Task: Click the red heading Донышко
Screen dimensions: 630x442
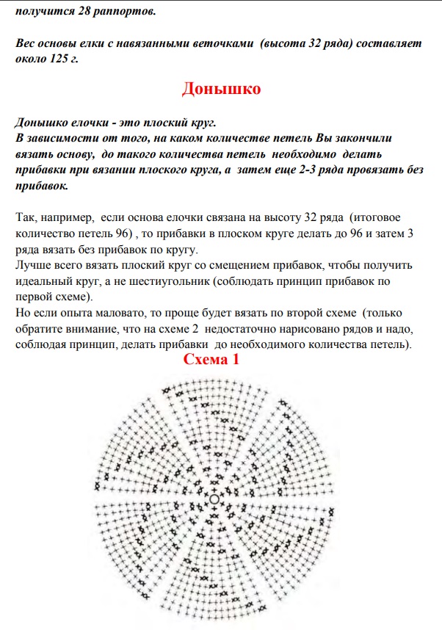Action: (x=221, y=90)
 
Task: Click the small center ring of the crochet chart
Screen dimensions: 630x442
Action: (x=214, y=499)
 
